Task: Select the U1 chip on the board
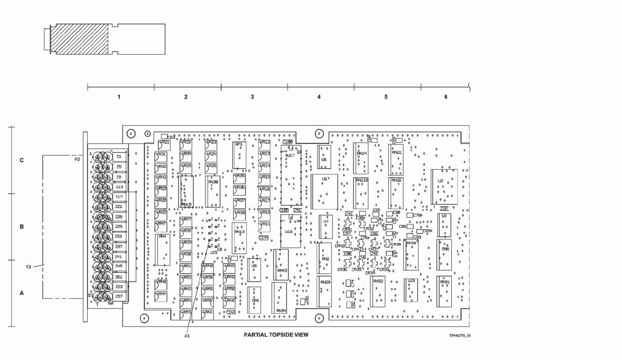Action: [x=324, y=192]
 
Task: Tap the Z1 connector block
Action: [x=119, y=156]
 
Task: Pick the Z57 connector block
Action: [x=119, y=296]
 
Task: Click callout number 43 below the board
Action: [x=187, y=335]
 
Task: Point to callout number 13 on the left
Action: [x=28, y=266]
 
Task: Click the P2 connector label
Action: [x=77, y=159]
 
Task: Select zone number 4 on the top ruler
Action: [x=319, y=97]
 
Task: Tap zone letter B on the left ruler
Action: [x=22, y=227]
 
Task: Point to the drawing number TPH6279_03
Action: [x=460, y=336]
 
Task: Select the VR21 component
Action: [x=164, y=145]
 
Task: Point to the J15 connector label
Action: [x=213, y=252]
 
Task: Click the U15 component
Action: [x=411, y=290]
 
